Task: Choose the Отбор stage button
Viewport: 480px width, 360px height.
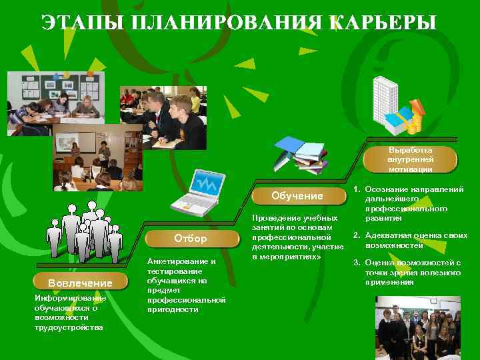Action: pos(190,238)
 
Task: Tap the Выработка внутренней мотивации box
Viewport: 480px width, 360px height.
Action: pos(410,159)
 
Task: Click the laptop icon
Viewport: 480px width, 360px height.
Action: pos(195,193)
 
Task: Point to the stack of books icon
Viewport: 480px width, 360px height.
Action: pos(301,154)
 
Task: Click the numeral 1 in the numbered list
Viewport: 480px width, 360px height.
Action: pos(357,190)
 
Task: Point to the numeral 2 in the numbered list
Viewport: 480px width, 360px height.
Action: pos(357,235)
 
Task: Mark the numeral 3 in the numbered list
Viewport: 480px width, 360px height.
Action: pos(357,263)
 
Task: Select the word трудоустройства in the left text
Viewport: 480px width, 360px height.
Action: pos(69,327)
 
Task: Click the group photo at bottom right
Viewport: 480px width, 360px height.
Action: pos(417,327)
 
